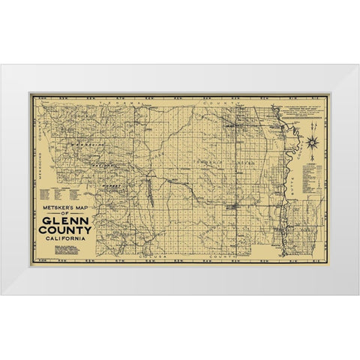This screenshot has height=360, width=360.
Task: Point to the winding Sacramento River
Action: pyautogui.click(x=283, y=195)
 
